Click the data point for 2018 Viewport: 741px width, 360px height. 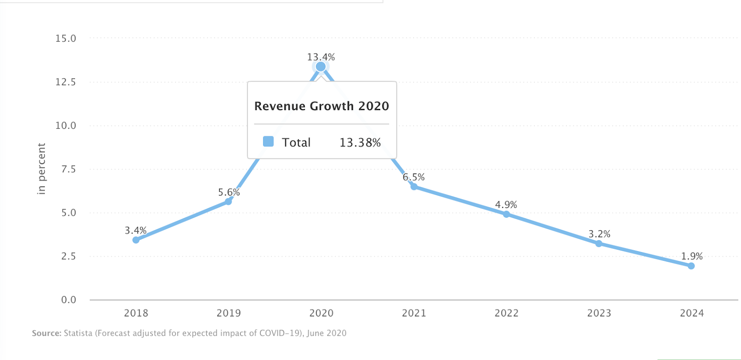136,240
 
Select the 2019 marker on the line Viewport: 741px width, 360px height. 228,202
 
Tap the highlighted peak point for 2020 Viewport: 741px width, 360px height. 320,67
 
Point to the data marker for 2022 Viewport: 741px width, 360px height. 506,215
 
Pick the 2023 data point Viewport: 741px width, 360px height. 599,244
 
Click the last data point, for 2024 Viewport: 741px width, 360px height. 691,266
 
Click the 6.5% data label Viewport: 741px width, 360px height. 414,177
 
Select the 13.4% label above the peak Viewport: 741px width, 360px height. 321,57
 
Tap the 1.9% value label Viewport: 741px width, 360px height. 692,256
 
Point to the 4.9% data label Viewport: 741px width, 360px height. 506,205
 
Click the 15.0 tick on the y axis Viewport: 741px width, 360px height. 66,38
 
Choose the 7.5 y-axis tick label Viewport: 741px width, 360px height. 69,169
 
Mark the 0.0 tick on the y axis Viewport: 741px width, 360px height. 69,300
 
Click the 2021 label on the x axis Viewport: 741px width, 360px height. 414,313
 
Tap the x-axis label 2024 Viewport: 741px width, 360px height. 692,313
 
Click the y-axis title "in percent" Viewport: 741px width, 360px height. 42,169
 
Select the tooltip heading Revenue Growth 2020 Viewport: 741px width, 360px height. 321,106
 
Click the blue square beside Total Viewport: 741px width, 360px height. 268,141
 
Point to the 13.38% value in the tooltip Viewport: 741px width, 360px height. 360,142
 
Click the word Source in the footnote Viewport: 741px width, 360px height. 46,333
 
